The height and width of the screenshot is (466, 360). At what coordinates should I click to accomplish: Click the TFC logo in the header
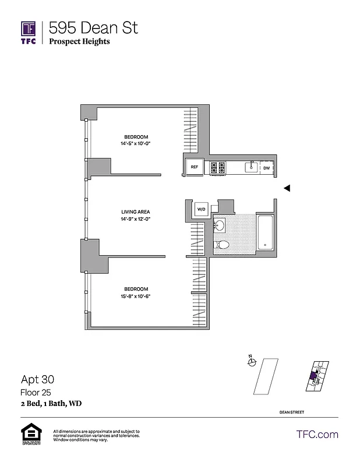tap(29, 32)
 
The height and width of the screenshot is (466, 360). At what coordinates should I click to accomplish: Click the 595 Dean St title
tap(93, 27)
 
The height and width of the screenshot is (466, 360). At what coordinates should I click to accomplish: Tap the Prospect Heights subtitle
tap(79, 41)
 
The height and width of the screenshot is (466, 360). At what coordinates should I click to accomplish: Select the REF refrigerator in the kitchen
tap(195, 167)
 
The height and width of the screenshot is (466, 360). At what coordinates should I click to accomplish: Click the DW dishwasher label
tap(266, 168)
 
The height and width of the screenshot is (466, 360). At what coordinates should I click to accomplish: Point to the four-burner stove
tap(218, 168)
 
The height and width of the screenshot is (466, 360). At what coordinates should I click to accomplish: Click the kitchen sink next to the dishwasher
tap(251, 167)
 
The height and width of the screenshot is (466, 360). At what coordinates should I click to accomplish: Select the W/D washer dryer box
tap(202, 209)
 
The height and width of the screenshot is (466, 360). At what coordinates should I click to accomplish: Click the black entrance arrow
tap(286, 188)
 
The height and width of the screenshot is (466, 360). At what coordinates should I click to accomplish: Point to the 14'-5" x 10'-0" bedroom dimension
tap(140, 143)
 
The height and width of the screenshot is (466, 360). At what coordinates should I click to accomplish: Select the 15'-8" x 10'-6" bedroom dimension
tap(140, 296)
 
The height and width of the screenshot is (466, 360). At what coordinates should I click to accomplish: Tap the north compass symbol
tap(252, 362)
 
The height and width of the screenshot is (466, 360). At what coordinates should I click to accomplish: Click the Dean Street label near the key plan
tap(292, 412)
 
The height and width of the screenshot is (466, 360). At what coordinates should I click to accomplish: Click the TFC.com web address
tap(317, 434)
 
